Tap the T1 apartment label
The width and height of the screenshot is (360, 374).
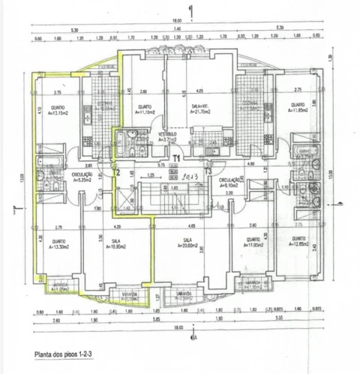click(x=176, y=157)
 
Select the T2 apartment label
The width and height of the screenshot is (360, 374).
click(x=116, y=171)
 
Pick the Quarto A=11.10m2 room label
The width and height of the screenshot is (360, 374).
click(x=145, y=109)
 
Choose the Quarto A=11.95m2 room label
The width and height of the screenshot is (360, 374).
click(x=247, y=243)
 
